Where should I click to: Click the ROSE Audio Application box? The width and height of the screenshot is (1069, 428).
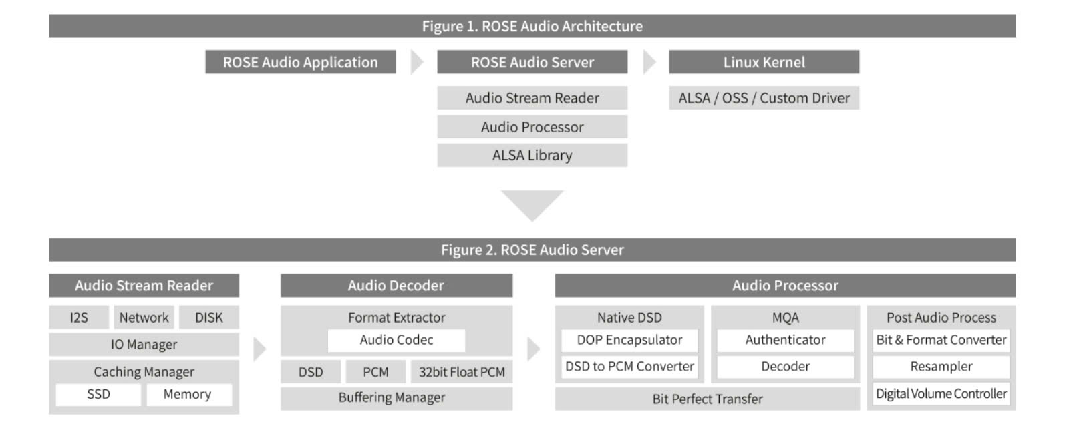pyautogui.click(x=300, y=62)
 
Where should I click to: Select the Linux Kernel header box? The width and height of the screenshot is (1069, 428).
pyautogui.click(x=764, y=62)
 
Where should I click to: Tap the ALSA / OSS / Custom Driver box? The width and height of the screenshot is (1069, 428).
pyautogui.click(x=764, y=98)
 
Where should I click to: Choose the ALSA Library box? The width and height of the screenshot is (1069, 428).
pyautogui.click(x=532, y=155)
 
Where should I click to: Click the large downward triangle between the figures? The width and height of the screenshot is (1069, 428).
pyautogui.click(x=532, y=204)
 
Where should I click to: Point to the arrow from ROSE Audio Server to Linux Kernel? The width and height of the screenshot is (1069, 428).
pyautogui.click(x=649, y=62)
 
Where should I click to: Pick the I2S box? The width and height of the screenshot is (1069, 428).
pyautogui.click(x=79, y=318)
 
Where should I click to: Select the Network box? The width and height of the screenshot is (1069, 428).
pyautogui.click(x=144, y=318)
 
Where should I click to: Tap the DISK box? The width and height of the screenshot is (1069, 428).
pyautogui.click(x=208, y=318)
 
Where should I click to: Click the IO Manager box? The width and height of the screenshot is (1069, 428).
pyautogui.click(x=144, y=345)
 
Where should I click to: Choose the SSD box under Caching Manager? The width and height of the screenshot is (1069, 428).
pyautogui.click(x=98, y=394)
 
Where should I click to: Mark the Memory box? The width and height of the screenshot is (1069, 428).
pyautogui.click(x=187, y=394)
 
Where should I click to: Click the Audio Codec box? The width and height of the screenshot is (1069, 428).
pyautogui.click(x=396, y=340)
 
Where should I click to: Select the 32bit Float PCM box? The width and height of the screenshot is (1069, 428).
pyautogui.click(x=462, y=372)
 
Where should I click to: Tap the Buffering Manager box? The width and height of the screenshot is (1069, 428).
pyautogui.click(x=392, y=398)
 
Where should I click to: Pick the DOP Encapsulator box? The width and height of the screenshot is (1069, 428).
pyautogui.click(x=629, y=340)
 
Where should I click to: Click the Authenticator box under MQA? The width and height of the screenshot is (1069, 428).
pyautogui.click(x=785, y=340)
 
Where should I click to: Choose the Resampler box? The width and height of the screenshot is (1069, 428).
pyautogui.click(x=941, y=367)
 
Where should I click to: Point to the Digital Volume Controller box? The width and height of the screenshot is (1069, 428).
pyautogui.click(x=941, y=394)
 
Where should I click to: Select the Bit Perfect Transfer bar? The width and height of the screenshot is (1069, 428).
pyautogui.click(x=707, y=399)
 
